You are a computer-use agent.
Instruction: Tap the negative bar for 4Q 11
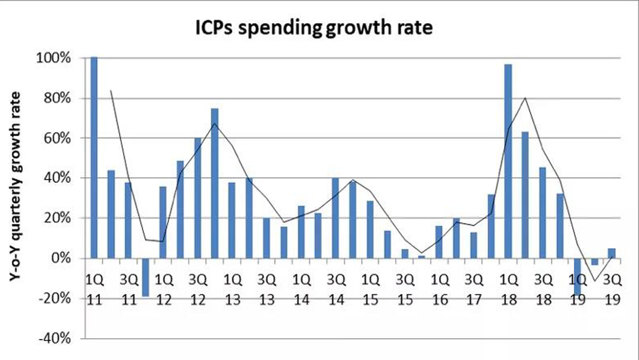point(145,277)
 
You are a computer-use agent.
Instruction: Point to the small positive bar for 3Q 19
point(612,253)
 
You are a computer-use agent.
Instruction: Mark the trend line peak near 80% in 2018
point(525,98)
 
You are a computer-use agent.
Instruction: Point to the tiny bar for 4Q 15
point(422,257)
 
